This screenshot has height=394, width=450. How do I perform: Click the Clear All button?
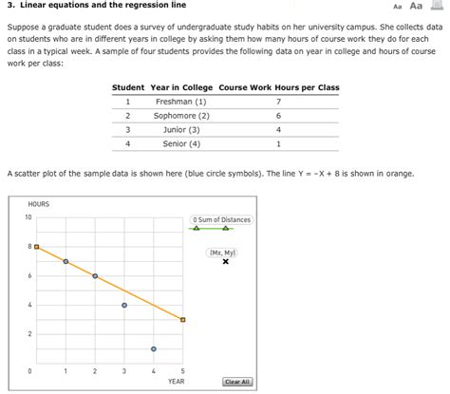pyautogui.click(x=236, y=382)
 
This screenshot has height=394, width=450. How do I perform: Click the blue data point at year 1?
pyautogui.click(x=66, y=261)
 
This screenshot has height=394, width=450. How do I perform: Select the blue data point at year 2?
pyautogui.click(x=95, y=275)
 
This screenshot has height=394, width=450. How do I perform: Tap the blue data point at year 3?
pyautogui.click(x=124, y=305)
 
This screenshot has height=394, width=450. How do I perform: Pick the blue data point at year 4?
pyautogui.click(x=154, y=349)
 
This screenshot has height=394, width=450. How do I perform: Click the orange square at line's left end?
pyautogui.click(x=36, y=247)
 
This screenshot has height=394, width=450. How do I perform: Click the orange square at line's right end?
pyautogui.click(x=183, y=320)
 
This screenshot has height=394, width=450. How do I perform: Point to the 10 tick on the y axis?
pyautogui.click(x=28, y=217)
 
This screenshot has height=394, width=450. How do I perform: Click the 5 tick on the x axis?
pyautogui.click(x=183, y=370)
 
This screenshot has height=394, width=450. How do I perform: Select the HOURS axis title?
pyautogui.click(x=39, y=204)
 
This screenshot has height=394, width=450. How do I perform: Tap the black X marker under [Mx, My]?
pyautogui.click(x=225, y=262)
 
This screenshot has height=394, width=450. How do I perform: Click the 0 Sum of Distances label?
pyautogui.click(x=222, y=220)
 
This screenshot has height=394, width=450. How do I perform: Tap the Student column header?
pyautogui.click(x=127, y=87)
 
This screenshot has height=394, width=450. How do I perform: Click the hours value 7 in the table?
pyautogui.click(x=278, y=101)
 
